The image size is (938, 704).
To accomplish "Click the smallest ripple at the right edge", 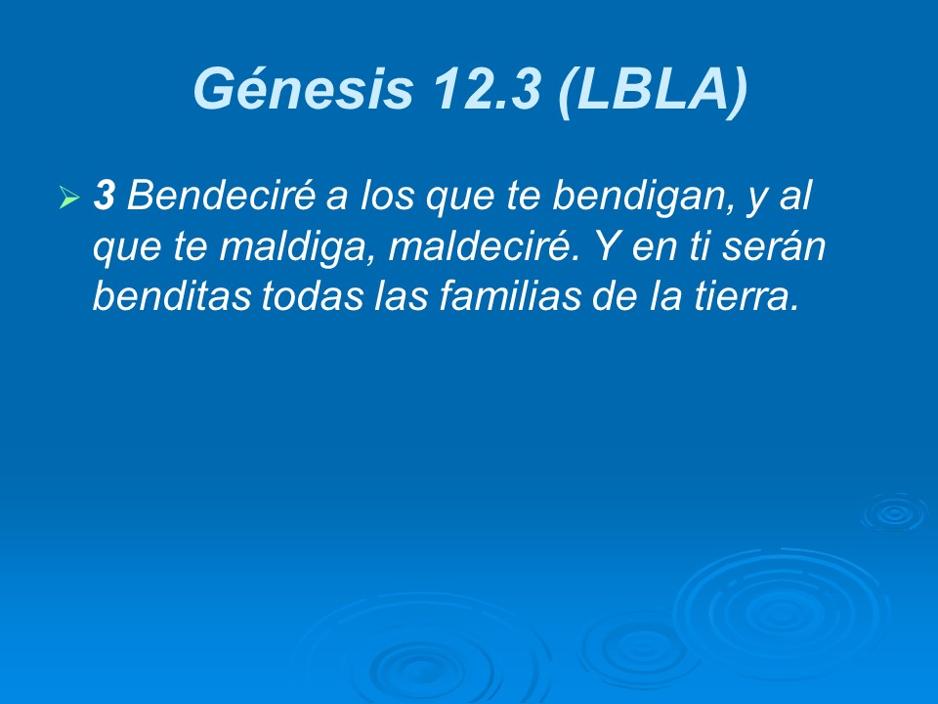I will pos(894,512).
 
